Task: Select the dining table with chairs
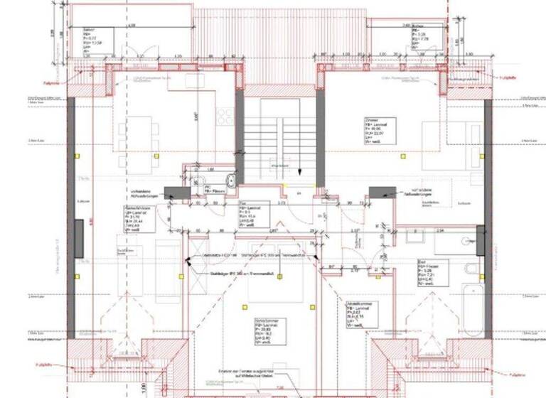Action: pos(136,139)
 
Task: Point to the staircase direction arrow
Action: pos(299,170)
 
